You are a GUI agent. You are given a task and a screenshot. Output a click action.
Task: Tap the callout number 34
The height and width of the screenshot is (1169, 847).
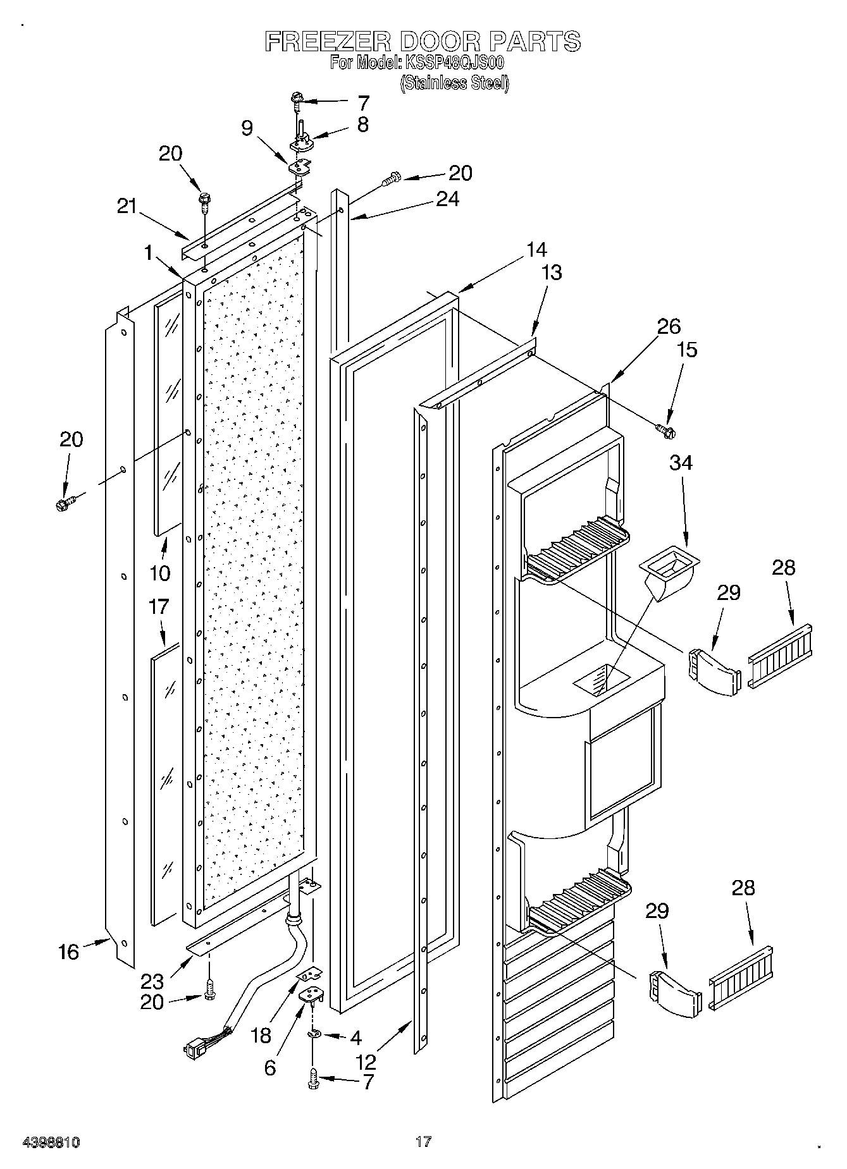(681, 463)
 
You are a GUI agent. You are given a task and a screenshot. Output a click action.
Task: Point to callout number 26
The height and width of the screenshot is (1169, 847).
(669, 326)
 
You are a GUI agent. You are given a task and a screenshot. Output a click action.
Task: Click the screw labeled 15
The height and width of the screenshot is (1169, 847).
(665, 431)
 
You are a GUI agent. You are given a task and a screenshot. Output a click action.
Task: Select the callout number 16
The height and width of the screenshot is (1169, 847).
(68, 952)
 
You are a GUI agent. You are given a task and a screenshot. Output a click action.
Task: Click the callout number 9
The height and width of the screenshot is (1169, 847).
(247, 128)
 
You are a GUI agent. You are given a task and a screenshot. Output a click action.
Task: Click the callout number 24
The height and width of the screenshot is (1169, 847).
(447, 199)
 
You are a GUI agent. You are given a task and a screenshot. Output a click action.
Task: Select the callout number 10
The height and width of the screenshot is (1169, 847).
(160, 573)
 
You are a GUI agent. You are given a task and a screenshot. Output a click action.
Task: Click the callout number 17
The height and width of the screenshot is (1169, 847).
(158, 606)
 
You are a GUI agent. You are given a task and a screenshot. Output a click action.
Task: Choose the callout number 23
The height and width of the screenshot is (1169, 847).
(152, 981)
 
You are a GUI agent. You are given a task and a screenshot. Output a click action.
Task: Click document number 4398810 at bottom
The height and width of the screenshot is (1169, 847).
(51, 1142)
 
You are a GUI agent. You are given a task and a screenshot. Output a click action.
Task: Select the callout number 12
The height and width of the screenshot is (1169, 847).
(366, 1061)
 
